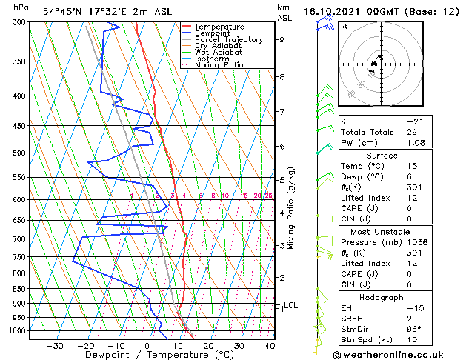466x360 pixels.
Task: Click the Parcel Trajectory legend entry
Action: [228, 39]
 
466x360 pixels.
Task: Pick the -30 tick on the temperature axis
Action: [55, 345]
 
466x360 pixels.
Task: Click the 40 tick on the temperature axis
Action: [270, 345]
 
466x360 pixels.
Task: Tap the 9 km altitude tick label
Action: [282, 40]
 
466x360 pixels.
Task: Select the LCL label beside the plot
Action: [291, 305]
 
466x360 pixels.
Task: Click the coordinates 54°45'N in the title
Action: [66, 11]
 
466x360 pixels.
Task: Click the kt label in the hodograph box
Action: [344, 26]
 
